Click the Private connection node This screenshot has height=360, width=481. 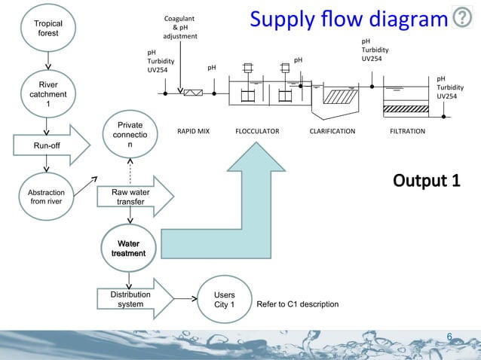130,135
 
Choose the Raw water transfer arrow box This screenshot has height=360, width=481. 131,197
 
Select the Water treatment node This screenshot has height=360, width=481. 130,249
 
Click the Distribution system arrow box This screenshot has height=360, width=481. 131,299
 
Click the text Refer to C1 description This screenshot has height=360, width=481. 297,304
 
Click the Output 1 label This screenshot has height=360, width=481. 426,182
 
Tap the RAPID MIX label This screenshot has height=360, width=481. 193,131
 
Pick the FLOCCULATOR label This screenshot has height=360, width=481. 257,131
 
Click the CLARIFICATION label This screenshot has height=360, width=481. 332,131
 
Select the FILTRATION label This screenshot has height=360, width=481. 407,131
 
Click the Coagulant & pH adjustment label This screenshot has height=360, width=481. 180,27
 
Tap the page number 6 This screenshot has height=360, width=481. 449,336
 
